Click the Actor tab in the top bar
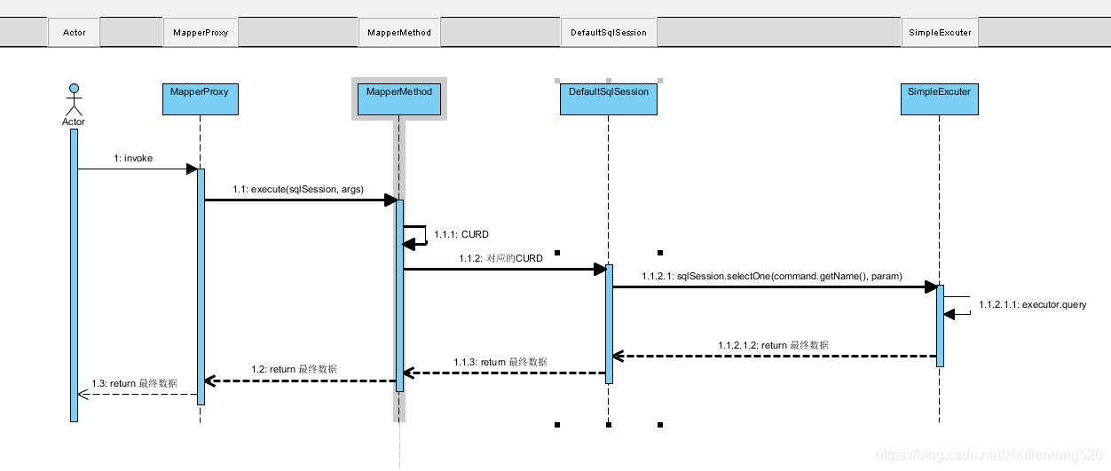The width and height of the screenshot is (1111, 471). (x=75, y=33)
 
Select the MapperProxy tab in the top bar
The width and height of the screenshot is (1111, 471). (x=201, y=33)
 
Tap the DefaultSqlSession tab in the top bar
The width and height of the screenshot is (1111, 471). (x=609, y=33)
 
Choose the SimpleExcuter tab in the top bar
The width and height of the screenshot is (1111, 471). (x=940, y=33)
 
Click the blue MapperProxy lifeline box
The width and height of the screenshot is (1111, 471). (x=201, y=98)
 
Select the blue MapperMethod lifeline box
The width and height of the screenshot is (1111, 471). (x=399, y=98)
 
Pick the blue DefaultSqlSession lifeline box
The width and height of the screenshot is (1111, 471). (x=609, y=98)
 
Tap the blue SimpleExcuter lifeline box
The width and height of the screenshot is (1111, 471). (x=939, y=98)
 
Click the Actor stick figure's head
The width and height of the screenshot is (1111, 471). (x=75, y=88)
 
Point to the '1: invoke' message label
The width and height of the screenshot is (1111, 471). (x=133, y=159)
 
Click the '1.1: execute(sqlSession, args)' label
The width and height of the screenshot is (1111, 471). (x=297, y=189)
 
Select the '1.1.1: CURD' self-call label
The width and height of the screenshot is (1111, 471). (x=461, y=235)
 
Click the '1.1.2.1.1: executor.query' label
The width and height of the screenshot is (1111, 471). (x=1032, y=305)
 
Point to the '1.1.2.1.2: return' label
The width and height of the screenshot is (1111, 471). (x=774, y=345)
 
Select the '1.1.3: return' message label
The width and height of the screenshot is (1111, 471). (x=500, y=362)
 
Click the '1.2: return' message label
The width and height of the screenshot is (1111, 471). (x=294, y=369)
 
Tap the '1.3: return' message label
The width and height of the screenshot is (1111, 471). (x=134, y=383)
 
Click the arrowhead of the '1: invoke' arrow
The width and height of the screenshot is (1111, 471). (x=192, y=169)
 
